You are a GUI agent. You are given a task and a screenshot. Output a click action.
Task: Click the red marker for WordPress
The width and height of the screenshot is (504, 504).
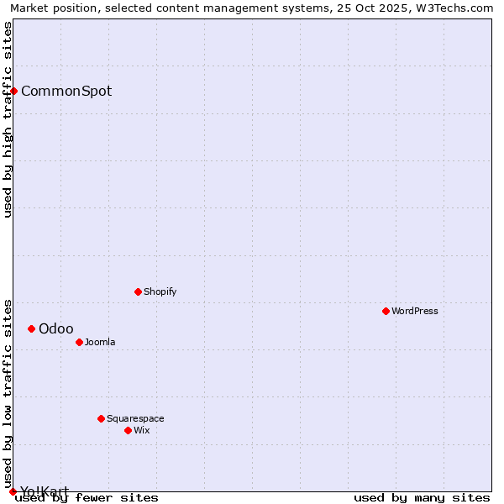[386, 311]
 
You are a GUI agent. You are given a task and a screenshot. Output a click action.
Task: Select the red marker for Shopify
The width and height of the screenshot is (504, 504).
[138, 291]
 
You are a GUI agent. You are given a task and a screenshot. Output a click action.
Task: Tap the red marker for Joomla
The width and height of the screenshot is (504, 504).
[79, 342]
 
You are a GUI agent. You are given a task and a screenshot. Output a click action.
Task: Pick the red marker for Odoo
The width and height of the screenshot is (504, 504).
[31, 328]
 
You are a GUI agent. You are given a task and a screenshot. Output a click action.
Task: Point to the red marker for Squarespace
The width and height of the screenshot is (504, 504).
[101, 418]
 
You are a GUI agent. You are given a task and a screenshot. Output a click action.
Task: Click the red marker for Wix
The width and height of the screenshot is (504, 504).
[128, 430]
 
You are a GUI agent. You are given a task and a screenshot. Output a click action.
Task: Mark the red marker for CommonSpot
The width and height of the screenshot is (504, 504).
[13, 91]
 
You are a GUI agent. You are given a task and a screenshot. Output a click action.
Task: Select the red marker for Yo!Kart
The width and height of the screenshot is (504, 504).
[13, 491]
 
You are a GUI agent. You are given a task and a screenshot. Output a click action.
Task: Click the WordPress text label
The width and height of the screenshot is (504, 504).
[415, 311]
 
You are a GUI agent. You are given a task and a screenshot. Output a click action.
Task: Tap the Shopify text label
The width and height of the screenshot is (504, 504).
[160, 291]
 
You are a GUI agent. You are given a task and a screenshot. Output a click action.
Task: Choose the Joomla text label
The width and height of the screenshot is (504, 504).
[100, 342]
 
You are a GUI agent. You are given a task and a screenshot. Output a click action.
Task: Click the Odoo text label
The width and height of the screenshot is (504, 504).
[56, 328]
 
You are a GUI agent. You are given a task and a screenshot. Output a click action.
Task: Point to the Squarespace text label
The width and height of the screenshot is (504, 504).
[135, 418]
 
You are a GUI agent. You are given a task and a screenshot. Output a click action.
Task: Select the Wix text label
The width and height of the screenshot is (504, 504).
[142, 430]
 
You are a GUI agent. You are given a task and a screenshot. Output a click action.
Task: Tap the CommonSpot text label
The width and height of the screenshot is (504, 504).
[66, 91]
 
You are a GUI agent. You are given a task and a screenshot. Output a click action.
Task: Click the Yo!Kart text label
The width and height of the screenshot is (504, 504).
[45, 491]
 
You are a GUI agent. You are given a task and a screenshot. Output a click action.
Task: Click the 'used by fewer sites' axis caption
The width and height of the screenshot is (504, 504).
[87, 497]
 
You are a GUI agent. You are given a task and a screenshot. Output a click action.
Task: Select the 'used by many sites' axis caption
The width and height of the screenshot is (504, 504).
[422, 497]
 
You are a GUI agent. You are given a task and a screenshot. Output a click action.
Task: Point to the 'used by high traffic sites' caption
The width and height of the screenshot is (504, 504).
[8, 119]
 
